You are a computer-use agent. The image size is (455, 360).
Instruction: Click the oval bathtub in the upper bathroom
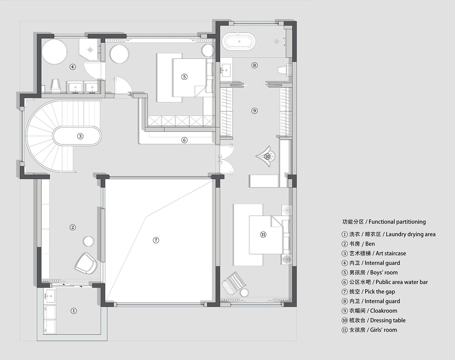click(239, 42)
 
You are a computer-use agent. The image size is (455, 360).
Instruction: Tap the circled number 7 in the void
click(156, 240)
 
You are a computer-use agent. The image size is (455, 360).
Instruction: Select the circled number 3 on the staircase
click(80, 136)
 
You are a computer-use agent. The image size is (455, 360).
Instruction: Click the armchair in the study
click(86, 263)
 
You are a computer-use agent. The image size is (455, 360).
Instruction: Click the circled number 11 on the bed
click(263, 235)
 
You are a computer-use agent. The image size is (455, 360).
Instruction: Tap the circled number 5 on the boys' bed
click(184, 76)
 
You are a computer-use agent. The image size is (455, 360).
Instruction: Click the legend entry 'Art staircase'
click(391, 253)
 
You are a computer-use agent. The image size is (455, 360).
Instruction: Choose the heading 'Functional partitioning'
click(397, 222)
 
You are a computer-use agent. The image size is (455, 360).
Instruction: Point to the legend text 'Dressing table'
click(388, 321)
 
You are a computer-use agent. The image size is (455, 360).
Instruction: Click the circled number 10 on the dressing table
click(268, 156)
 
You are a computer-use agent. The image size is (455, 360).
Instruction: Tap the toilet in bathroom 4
click(56, 86)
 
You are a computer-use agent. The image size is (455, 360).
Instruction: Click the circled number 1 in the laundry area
click(74, 311)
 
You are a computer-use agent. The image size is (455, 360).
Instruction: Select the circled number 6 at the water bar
click(184, 140)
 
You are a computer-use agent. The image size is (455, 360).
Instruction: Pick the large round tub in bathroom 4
click(54, 51)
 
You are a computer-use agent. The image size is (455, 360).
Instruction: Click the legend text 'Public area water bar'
click(402, 282)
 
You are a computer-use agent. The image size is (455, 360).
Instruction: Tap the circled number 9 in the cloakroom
click(254, 111)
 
